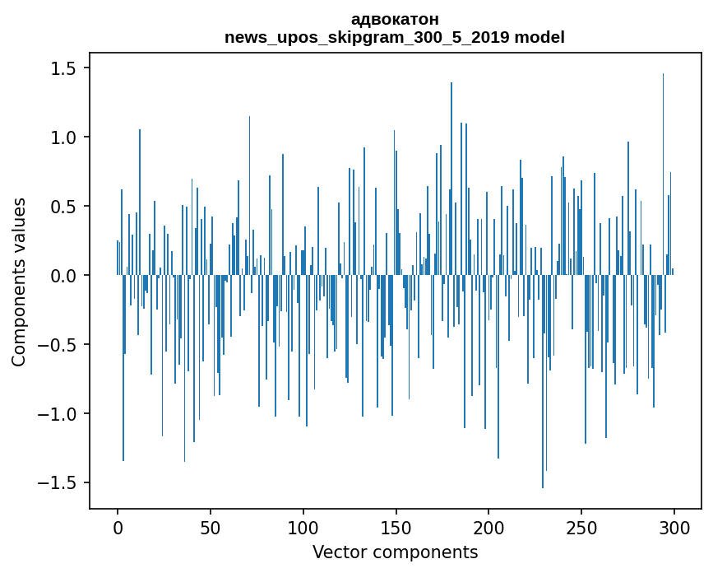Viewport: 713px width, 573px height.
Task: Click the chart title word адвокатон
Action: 395,20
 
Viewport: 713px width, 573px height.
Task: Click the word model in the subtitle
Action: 539,37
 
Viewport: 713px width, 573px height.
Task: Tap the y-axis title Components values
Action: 19,282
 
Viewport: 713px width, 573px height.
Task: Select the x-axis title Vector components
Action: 395,552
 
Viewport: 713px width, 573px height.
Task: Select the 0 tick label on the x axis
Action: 118,528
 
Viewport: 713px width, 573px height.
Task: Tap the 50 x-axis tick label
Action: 210,528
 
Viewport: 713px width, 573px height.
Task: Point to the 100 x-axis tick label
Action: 303,528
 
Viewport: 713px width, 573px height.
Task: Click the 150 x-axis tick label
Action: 396,528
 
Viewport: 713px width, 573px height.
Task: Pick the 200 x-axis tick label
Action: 488,528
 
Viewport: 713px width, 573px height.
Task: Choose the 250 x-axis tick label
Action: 581,528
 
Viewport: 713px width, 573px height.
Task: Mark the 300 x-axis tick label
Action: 674,528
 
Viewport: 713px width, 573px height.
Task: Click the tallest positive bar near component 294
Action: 663,175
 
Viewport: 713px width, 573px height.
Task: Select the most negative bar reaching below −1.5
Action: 543,381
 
